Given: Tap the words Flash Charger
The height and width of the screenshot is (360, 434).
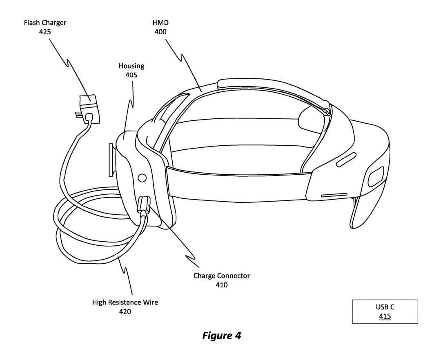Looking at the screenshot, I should point(45,22).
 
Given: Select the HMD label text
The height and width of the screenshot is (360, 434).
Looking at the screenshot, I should point(160,22).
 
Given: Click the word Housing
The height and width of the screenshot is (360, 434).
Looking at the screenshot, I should point(131,66).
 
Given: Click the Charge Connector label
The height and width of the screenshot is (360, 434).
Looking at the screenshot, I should point(221,276).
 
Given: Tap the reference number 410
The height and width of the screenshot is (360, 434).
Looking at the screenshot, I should point(221,285).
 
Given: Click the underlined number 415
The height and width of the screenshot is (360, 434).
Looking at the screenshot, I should point(385,316).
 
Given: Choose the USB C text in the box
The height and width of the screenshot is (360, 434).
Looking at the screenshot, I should point(385,307).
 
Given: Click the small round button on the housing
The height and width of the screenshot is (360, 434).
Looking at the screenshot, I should point(142,178).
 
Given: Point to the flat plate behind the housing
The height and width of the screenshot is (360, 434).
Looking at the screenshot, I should point(111,159).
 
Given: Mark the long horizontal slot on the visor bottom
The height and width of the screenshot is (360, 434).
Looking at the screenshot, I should point(334,195).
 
